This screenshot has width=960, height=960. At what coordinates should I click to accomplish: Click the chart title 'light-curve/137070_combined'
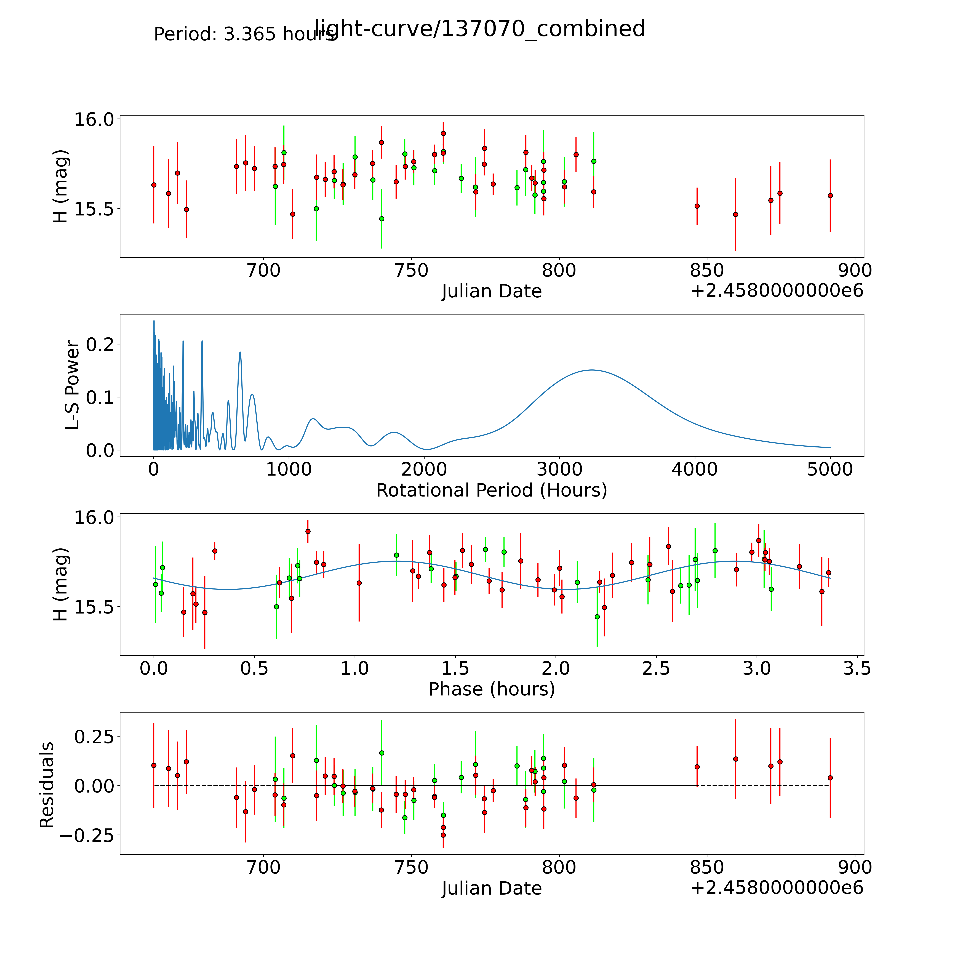(x=480, y=29)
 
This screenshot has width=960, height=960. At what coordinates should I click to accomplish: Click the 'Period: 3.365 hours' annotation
(x=244, y=34)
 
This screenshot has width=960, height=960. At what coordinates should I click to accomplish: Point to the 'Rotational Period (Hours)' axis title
(x=491, y=490)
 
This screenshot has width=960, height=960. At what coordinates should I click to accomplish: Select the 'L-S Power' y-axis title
(x=73, y=385)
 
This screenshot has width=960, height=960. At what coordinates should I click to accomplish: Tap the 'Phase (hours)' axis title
(x=491, y=689)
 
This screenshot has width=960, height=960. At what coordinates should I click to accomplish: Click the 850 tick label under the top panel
(x=707, y=271)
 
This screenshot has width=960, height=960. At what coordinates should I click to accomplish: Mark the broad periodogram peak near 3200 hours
(x=591, y=370)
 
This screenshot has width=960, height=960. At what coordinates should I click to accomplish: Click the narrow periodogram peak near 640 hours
(x=240, y=352)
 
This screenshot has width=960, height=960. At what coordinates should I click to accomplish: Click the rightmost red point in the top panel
(x=830, y=195)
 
